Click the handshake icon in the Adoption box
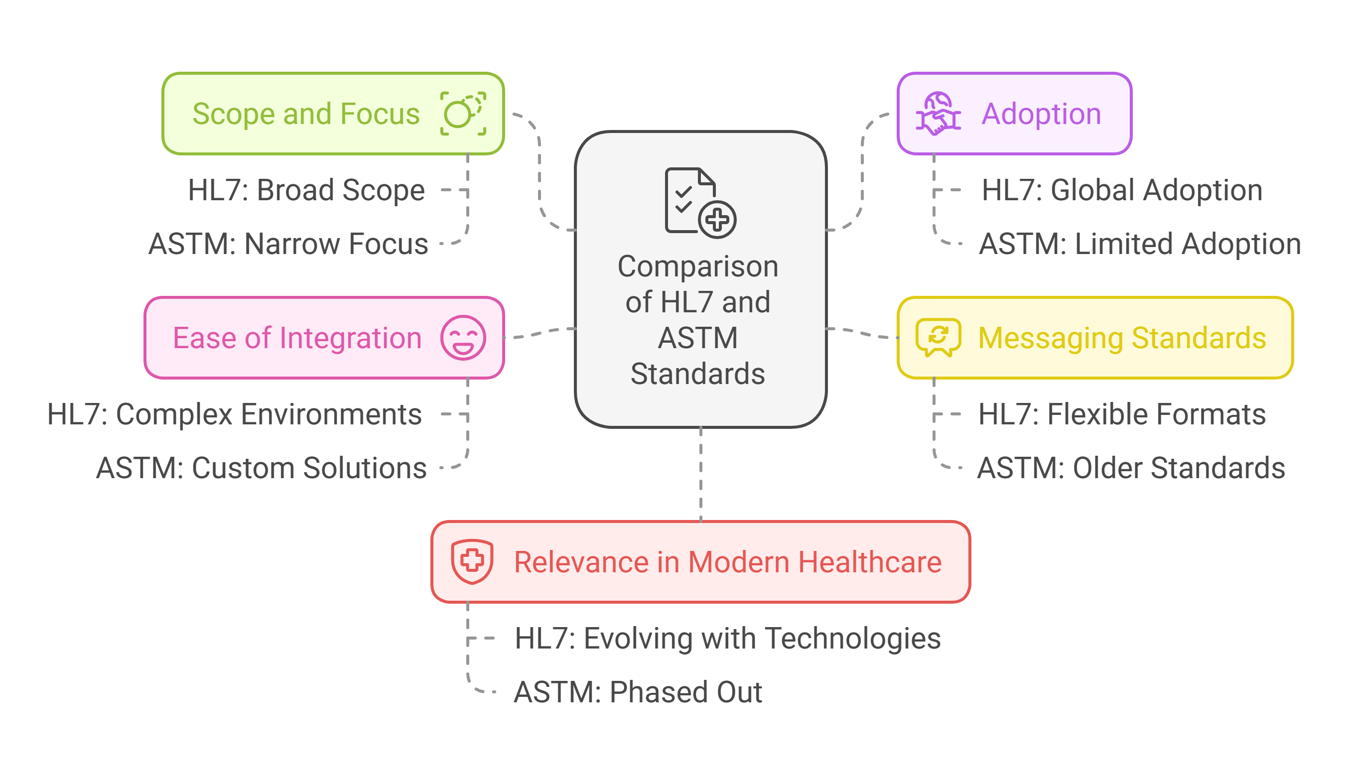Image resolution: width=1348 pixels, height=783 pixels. (938, 114)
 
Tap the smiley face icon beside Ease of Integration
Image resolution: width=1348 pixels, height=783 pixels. (463, 338)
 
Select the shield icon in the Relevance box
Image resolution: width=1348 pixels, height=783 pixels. (472, 561)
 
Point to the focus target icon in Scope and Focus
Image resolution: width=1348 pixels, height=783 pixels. (463, 114)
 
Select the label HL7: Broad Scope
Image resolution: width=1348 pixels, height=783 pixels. (306, 190)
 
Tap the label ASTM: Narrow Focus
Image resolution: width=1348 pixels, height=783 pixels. (288, 244)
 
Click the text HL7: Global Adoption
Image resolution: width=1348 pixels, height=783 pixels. (1122, 190)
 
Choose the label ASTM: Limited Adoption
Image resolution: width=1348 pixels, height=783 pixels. (1139, 244)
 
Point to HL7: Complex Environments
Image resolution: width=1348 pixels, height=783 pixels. (234, 414)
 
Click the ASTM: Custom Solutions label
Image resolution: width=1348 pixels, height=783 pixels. (261, 468)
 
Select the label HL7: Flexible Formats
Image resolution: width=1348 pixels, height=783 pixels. (1122, 414)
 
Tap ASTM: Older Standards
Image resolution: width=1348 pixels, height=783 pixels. (1131, 468)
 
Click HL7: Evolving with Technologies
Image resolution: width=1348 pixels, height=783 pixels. (727, 638)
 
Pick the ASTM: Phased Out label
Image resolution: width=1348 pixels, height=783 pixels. (638, 692)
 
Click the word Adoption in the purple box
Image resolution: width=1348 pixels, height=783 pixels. (1041, 114)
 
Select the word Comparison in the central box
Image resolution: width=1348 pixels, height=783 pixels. (697, 266)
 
